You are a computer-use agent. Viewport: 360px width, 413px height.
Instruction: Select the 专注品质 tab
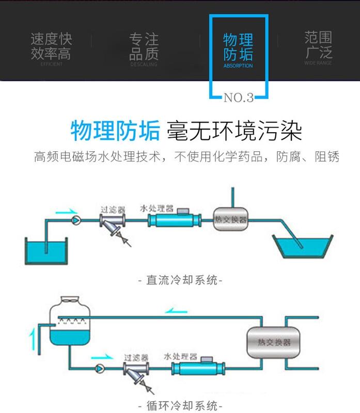click(144, 46)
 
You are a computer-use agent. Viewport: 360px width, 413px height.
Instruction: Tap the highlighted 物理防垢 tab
click(238, 50)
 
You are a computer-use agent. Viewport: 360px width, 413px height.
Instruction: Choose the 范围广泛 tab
click(318, 45)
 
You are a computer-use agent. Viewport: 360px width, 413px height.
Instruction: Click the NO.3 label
click(238, 98)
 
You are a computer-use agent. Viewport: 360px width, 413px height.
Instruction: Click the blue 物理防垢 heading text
click(115, 131)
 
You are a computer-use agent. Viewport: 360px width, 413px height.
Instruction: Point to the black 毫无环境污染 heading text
click(234, 131)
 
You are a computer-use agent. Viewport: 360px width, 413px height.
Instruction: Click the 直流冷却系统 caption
click(180, 280)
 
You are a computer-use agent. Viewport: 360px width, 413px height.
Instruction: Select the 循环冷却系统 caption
click(180, 404)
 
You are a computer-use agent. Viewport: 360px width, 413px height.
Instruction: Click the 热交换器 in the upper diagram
click(230, 219)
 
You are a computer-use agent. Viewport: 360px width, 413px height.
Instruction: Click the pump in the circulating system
click(99, 369)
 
